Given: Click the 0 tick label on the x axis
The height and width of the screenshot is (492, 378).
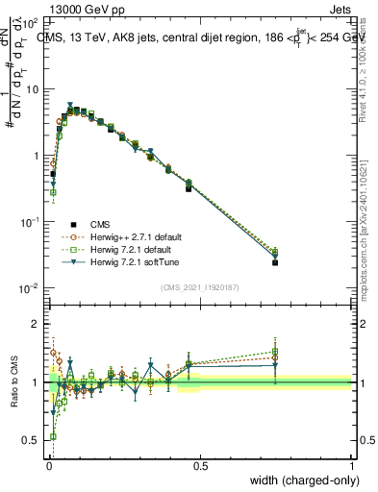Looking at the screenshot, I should (48, 466).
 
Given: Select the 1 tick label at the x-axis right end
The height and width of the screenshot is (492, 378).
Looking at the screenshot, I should (352, 466).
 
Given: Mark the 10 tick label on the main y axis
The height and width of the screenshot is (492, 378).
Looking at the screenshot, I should (32, 88).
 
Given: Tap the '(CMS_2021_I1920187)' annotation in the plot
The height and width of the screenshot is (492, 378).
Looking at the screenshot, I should (199, 287).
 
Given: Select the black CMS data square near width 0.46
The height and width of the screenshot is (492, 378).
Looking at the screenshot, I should (189, 187).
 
